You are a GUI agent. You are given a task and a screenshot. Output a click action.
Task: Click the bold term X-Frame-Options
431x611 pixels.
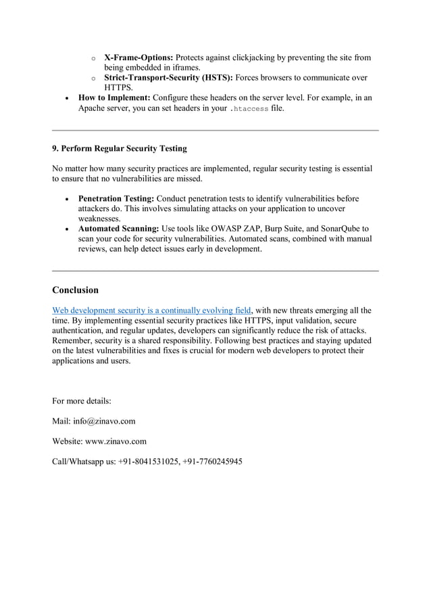(x=137, y=58)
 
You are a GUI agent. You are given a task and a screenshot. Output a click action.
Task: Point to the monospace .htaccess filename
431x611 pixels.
(x=249, y=109)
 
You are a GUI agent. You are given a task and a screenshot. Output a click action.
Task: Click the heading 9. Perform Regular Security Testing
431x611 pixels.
(x=119, y=148)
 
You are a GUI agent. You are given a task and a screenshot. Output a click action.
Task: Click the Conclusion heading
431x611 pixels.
(x=75, y=290)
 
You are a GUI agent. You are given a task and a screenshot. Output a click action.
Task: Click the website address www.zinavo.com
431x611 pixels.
(x=118, y=441)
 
